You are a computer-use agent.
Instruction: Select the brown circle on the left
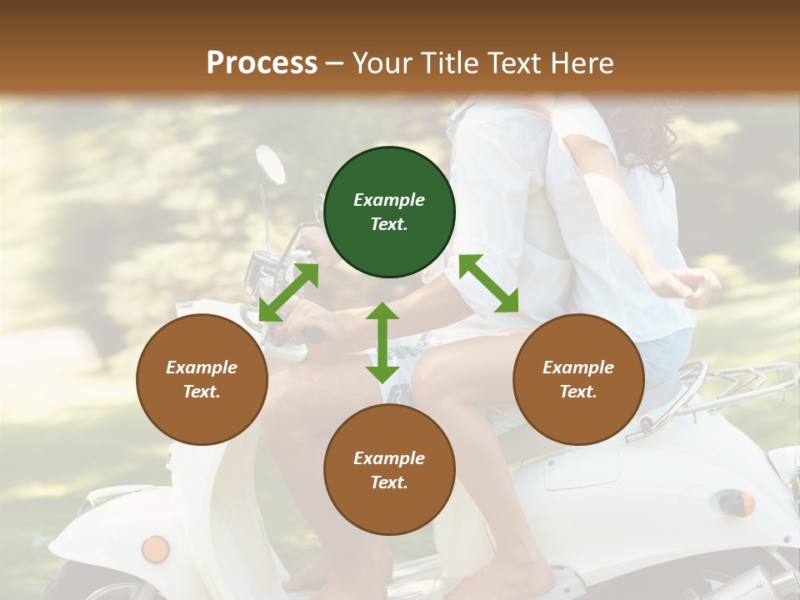click(x=202, y=379)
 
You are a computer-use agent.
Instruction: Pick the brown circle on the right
click(x=578, y=379)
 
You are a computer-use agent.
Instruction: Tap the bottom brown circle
click(x=389, y=470)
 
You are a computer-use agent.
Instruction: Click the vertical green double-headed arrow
click(x=382, y=342)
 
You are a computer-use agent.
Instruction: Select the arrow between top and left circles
click(x=288, y=292)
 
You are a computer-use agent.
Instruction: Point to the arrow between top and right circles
click(x=488, y=283)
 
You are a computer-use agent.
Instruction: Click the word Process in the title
click(x=262, y=62)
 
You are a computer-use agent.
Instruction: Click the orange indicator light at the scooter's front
click(x=155, y=549)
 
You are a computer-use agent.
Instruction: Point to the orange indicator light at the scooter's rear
click(x=745, y=502)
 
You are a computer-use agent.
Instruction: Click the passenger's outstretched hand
click(x=694, y=286)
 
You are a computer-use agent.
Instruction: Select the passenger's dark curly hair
click(x=646, y=137)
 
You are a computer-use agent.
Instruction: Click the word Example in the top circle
click(x=389, y=200)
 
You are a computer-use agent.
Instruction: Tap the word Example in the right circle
click(x=578, y=367)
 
